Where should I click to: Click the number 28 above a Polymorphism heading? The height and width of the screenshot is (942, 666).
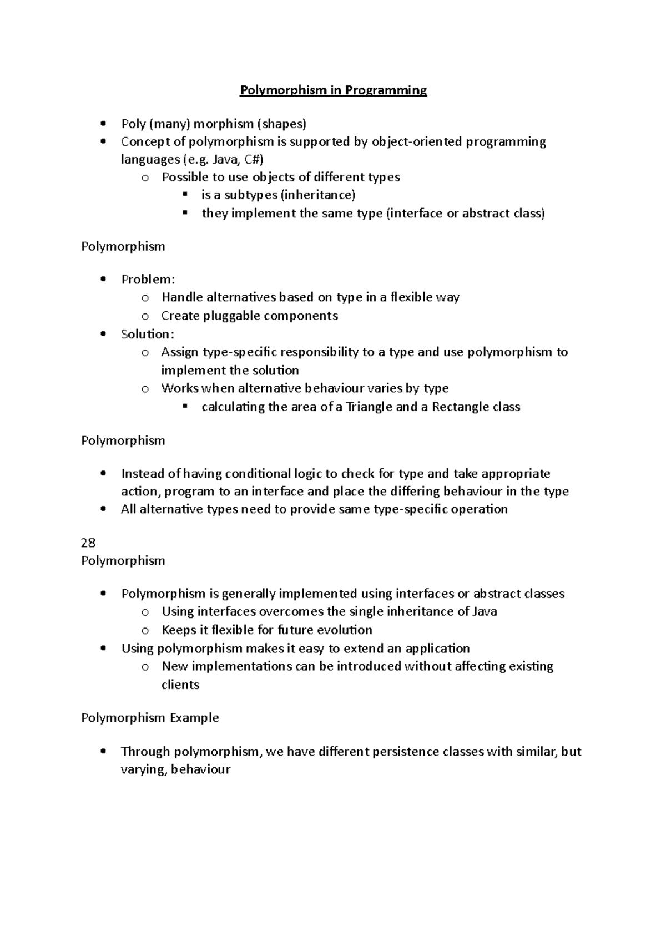coord(88,543)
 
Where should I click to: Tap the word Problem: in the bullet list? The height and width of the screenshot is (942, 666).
coord(148,279)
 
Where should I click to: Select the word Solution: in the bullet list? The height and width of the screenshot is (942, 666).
coord(148,334)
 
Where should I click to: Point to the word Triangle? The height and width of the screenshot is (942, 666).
coord(369,407)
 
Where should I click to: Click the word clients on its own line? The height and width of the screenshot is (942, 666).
coord(180,685)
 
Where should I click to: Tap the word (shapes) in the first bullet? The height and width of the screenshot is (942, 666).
coord(281,124)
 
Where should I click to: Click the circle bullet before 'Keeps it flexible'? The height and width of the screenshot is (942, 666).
coord(145,630)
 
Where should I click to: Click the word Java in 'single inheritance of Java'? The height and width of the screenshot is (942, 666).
coord(484,611)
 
